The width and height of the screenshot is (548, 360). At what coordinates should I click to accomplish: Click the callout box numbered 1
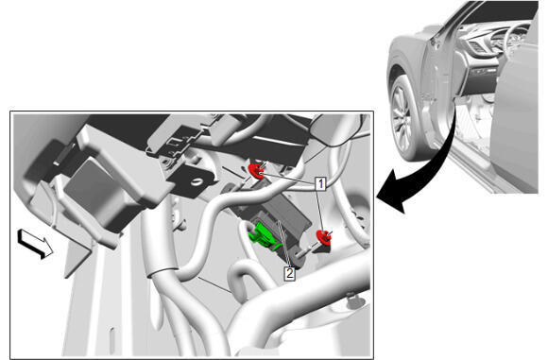pyautogui.click(x=320, y=184)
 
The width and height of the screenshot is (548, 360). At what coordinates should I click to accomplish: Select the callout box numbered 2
pyautogui.click(x=289, y=273)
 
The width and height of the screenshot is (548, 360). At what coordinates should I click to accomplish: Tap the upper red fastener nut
pyautogui.click(x=257, y=171)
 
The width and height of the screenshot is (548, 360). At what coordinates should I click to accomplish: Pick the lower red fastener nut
pyautogui.click(x=324, y=237)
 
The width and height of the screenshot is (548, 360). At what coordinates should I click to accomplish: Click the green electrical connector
pyautogui.click(x=264, y=235)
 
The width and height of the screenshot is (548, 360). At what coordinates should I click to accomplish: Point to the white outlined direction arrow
pyautogui.click(x=35, y=244)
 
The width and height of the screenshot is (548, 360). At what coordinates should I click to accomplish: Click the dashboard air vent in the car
pyautogui.click(x=477, y=46)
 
